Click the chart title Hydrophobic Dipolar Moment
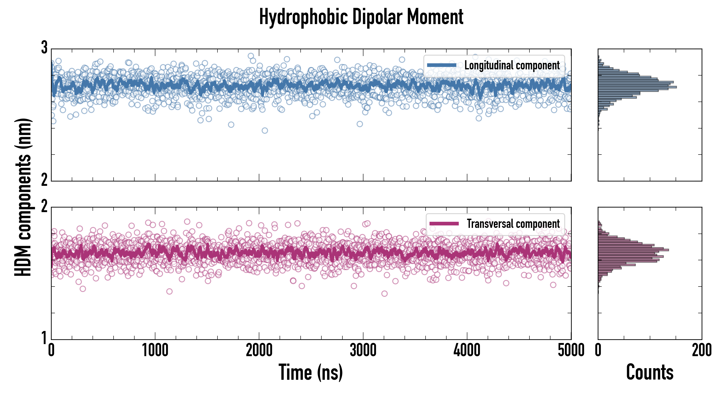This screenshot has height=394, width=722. pyautogui.click(x=361, y=17)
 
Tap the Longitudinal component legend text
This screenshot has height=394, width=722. pyautogui.click(x=512, y=65)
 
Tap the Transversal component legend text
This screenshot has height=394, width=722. pyautogui.click(x=513, y=224)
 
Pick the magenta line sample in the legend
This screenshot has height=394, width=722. pyautogui.click(x=444, y=224)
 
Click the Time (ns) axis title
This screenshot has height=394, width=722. pyautogui.click(x=310, y=372)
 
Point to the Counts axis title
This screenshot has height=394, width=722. pyautogui.click(x=650, y=372)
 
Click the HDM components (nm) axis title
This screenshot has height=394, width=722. pyautogui.click(x=23, y=197)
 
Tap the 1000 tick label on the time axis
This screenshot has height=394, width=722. pyautogui.click(x=155, y=350)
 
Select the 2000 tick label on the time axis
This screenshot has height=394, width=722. pyautogui.click(x=259, y=350)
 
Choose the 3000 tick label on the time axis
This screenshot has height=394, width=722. pyautogui.click(x=363, y=350)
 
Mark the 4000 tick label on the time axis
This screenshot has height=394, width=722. pyautogui.click(x=467, y=350)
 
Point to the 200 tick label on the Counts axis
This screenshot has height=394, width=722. pyautogui.click(x=701, y=350)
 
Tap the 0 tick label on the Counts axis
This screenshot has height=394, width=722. pyautogui.click(x=598, y=350)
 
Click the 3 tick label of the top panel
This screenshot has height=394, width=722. pyautogui.click(x=44, y=48)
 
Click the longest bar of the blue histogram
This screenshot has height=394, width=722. pyautogui.click(x=637, y=87)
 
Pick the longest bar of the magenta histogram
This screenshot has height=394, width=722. pyautogui.click(x=633, y=250)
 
